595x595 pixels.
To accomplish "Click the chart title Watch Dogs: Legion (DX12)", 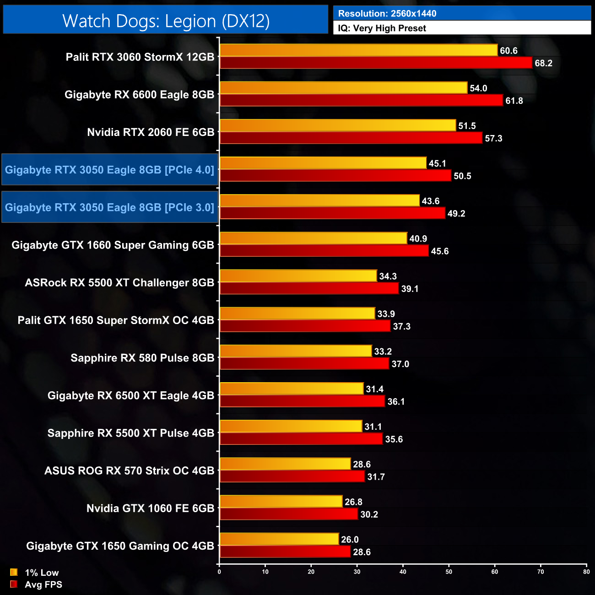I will (166, 21).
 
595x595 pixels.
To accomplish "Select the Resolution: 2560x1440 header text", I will (387, 14).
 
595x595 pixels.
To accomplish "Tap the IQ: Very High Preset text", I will (382, 28).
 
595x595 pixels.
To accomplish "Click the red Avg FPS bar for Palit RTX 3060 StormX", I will (375, 63).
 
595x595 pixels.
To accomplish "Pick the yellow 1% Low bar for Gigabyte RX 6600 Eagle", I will (343, 88).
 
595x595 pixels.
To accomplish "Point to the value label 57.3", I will (493, 138).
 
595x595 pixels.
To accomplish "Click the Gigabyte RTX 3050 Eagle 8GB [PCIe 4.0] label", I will (109, 170).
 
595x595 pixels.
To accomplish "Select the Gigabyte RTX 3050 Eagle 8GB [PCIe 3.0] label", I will (109, 207).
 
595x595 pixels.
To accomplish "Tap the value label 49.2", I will (456, 214).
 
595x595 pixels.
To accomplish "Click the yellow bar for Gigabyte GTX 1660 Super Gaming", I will (313, 238).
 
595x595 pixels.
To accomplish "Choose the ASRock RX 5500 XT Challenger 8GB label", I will (119, 283).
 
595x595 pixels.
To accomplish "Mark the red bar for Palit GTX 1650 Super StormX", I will (305, 326).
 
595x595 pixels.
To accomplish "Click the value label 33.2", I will (383, 352).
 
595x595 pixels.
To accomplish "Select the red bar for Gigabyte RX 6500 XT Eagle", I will (302, 401).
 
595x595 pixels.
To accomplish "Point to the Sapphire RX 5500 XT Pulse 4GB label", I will (130, 433).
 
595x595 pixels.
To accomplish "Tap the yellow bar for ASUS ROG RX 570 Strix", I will (285, 464).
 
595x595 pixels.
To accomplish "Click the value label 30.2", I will (369, 514).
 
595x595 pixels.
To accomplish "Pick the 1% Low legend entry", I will (34, 573).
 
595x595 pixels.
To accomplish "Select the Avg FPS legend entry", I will (36, 584).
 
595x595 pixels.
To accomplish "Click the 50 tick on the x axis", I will (449, 572).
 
